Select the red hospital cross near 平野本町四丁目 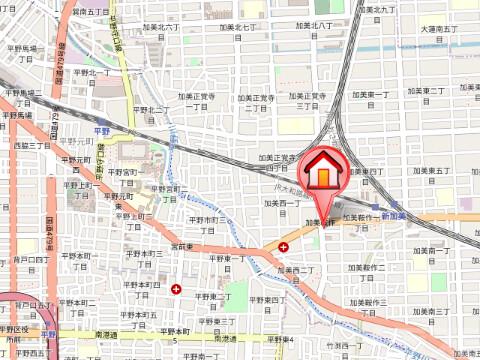(x=177, y=289)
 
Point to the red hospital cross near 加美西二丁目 (x=284, y=247)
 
